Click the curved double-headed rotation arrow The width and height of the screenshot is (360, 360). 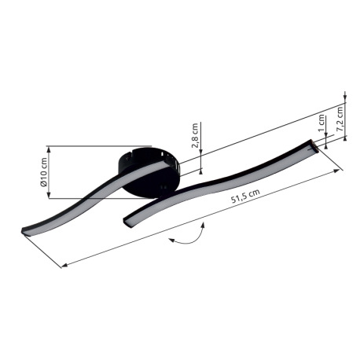[x=189, y=237]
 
